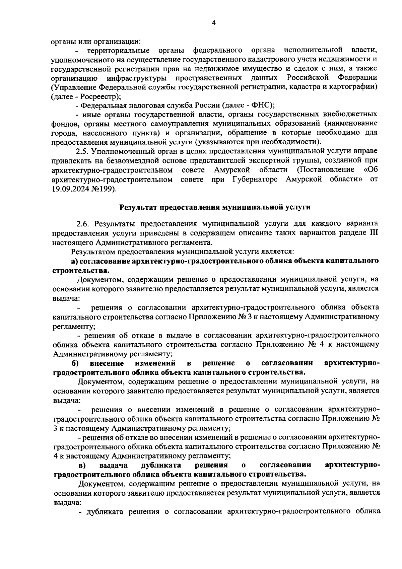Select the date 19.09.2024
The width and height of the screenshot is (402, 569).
pyautogui.click(x=70, y=189)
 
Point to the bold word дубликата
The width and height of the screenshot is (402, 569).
pyautogui.click(x=161, y=465)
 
